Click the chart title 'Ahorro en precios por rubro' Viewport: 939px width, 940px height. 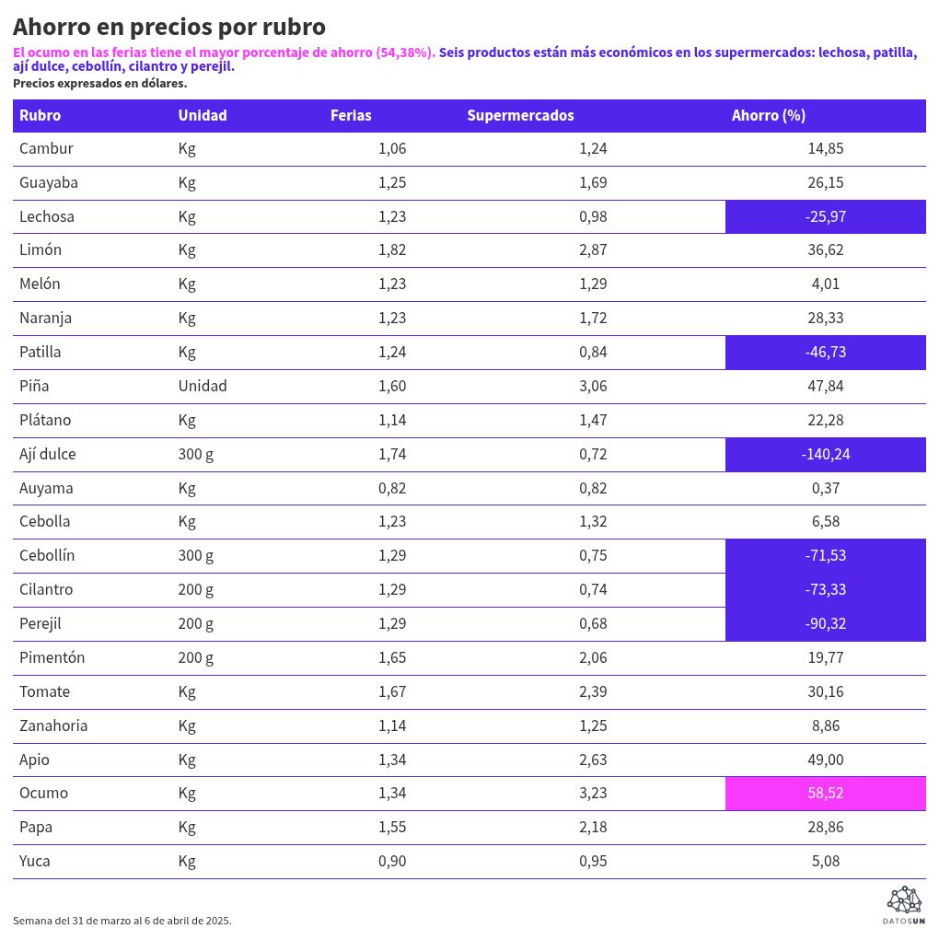[169, 27]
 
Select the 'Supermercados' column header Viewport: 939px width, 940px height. [520, 115]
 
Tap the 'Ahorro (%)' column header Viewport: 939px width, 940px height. [768, 115]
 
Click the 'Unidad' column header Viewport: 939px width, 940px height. [203, 115]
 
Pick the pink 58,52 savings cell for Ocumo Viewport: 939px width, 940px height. [825, 793]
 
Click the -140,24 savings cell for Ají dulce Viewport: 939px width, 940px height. [825, 454]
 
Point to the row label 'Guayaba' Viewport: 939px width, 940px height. [49, 182]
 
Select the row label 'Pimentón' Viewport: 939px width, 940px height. [52, 657]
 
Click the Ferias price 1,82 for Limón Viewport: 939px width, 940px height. [392, 250]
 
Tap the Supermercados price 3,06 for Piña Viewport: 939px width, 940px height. [593, 386]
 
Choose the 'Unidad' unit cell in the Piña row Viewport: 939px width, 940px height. [203, 386]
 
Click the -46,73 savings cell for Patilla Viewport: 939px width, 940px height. [825, 352]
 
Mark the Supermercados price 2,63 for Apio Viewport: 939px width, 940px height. [593, 760]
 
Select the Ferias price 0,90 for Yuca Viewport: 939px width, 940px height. [392, 861]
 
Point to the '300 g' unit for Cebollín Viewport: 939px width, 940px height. [196, 555]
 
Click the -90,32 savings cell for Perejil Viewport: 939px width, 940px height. [825, 623]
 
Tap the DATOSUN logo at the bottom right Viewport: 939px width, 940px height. [903, 905]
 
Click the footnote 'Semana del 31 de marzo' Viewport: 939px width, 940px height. [122, 920]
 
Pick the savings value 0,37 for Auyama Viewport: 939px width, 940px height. [825, 488]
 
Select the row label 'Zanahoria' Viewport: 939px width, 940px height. [53, 725]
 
